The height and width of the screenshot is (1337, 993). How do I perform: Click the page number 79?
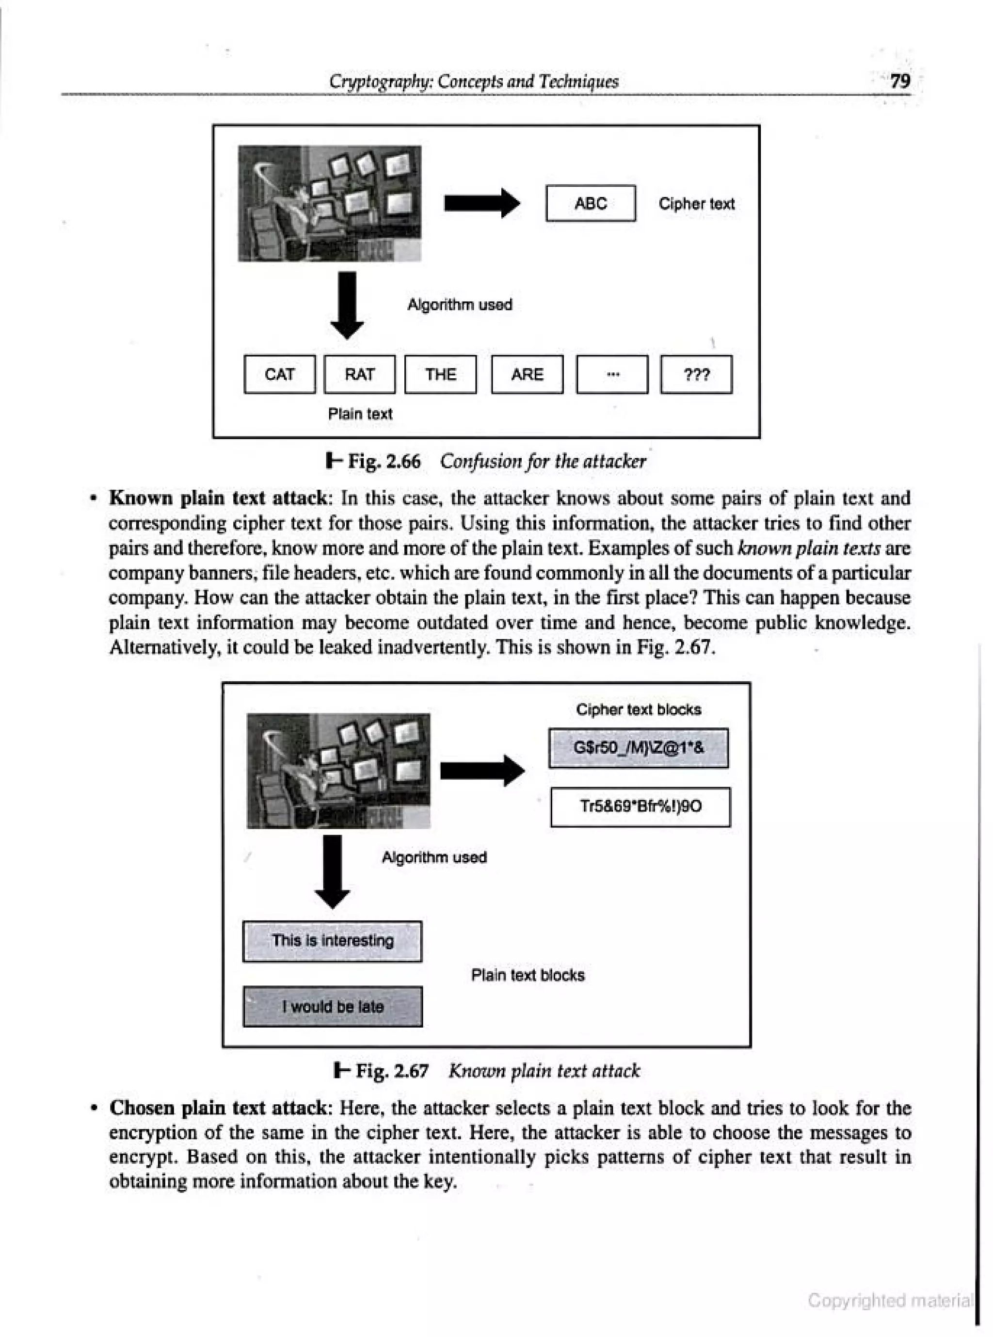tap(900, 81)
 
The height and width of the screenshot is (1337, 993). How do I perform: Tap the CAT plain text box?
tap(279, 374)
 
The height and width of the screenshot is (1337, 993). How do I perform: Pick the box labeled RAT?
tap(359, 374)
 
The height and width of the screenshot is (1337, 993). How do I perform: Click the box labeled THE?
tap(441, 374)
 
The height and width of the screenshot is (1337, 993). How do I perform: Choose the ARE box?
tap(527, 374)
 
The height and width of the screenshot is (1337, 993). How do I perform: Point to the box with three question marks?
tap(696, 374)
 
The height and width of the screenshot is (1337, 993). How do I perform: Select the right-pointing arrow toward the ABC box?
tap(481, 203)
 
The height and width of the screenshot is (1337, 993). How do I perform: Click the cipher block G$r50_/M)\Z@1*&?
tap(639, 748)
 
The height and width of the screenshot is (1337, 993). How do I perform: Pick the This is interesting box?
tap(333, 941)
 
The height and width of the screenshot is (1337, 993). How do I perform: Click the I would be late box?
tap(333, 1006)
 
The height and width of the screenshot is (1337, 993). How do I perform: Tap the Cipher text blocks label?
tap(639, 709)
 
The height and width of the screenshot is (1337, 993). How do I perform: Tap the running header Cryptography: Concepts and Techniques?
tap(473, 81)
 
